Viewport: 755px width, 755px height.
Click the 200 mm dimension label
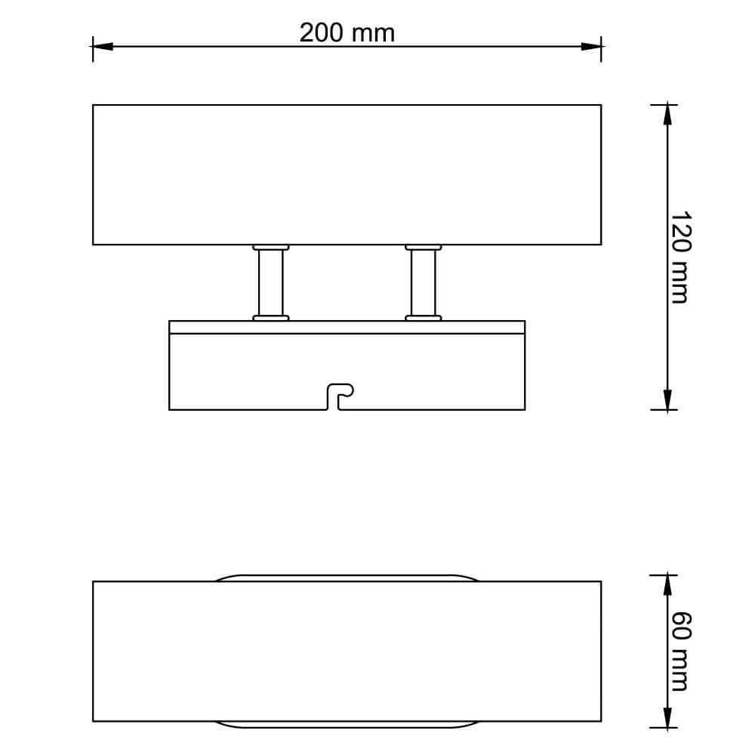(347, 32)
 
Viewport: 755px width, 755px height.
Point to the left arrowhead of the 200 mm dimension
(102, 47)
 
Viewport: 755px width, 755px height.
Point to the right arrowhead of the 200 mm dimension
(591, 47)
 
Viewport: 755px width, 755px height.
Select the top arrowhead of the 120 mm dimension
(667, 115)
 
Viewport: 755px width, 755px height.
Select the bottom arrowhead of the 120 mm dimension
(667, 399)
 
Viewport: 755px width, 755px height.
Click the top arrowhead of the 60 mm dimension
(667, 585)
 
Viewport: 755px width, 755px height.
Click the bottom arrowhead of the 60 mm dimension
(667, 717)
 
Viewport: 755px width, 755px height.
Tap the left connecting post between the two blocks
(270, 282)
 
